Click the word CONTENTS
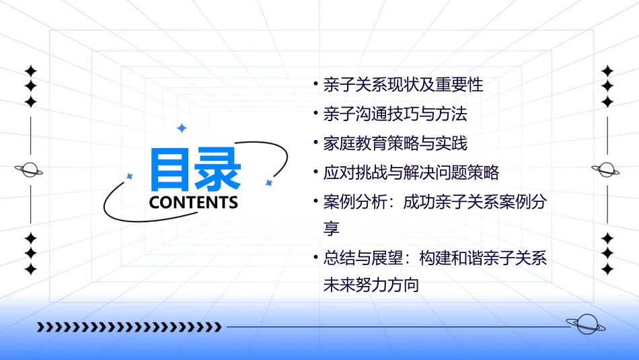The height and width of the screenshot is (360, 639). (194, 203)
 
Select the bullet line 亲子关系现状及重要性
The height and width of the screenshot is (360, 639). (403, 85)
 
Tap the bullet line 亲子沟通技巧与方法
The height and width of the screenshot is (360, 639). (395, 114)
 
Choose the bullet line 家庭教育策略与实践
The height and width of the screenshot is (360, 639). (395, 143)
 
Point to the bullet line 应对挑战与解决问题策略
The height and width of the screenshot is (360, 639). (411, 172)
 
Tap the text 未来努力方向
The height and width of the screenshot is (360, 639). (371, 285)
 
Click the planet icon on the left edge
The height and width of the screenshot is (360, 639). (30, 170)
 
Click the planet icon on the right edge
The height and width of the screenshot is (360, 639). (607, 170)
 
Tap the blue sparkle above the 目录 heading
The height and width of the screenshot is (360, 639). (180, 128)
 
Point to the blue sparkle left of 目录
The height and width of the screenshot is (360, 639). (130, 176)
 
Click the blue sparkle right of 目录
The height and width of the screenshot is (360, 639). (268, 182)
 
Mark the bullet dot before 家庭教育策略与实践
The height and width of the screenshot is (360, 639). (316, 142)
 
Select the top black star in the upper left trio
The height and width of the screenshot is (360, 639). (30, 71)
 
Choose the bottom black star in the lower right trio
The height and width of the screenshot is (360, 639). (607, 269)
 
